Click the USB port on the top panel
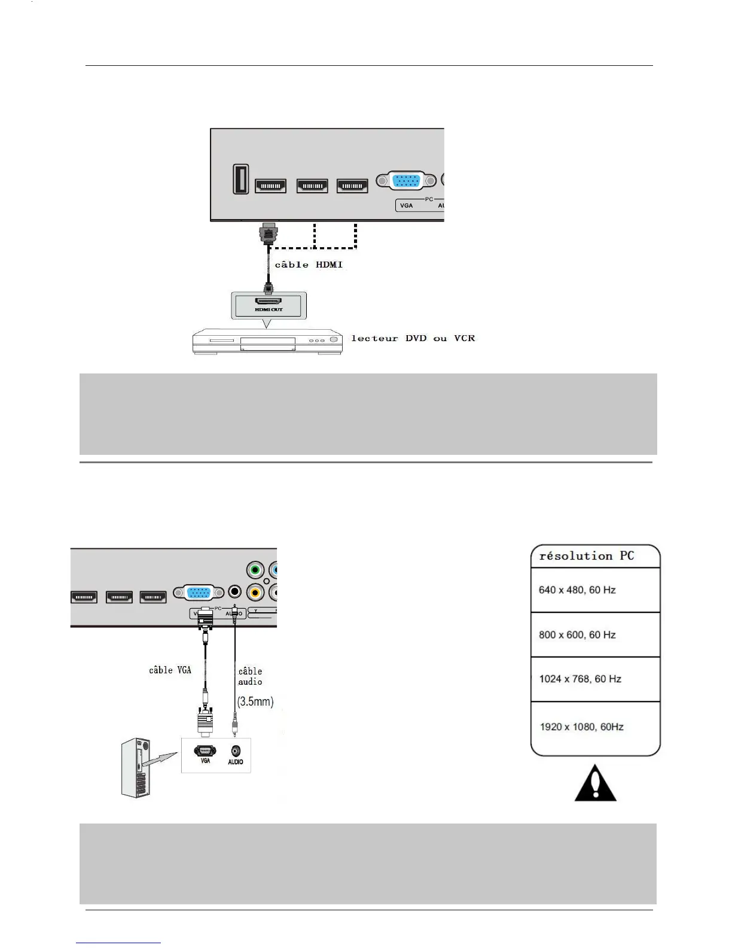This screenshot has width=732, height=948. (241, 180)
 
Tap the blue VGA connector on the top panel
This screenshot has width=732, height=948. (407, 180)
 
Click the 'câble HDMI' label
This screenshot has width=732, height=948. (309, 265)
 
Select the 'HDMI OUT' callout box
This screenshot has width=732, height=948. (269, 306)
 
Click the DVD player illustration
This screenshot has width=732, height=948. (267, 343)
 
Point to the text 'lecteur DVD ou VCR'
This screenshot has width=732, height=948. (413, 338)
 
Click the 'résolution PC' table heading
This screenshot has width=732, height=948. (586, 556)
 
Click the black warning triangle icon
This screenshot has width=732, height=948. (595, 783)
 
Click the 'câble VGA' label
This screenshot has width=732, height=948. (170, 670)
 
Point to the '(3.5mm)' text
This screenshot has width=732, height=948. (255, 701)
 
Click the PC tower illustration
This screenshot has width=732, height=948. (136, 768)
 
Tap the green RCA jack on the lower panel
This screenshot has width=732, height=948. (255, 569)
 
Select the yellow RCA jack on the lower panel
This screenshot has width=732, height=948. (255, 592)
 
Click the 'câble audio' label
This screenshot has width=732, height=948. (250, 676)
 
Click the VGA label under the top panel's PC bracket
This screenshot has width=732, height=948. (407, 205)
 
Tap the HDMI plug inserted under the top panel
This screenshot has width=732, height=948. (269, 233)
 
